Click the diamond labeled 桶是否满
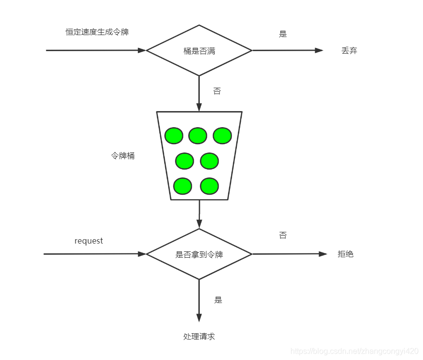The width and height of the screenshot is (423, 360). pyautogui.click(x=199, y=51)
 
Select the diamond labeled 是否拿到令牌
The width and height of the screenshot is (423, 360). pyautogui.click(x=199, y=254)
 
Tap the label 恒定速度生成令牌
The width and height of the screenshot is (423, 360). pyautogui.click(x=97, y=32)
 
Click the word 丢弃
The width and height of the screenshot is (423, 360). pyautogui.click(x=349, y=51)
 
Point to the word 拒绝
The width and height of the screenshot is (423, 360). pyautogui.click(x=346, y=254)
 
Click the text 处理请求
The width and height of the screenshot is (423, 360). pyautogui.click(x=199, y=337)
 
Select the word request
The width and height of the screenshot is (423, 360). pyautogui.click(x=89, y=241)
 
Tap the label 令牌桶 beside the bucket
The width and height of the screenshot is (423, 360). pyautogui.click(x=123, y=156)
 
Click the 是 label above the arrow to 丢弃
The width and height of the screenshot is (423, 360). pyautogui.click(x=283, y=34)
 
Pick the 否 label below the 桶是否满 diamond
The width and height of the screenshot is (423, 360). pyautogui.click(x=217, y=91)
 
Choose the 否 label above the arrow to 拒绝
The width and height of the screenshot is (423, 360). pyautogui.click(x=283, y=235)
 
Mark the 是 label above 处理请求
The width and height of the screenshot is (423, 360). pyautogui.click(x=218, y=300)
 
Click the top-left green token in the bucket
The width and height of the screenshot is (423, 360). pyautogui.click(x=174, y=135)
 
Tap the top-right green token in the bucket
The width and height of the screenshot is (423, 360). pyautogui.click(x=222, y=135)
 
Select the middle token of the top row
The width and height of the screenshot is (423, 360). pyautogui.click(x=198, y=135)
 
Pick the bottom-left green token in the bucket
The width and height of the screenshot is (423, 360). pyautogui.click(x=183, y=186)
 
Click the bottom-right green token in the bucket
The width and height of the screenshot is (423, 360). pyautogui.click(x=210, y=186)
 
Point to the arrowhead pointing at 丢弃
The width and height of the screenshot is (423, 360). pyautogui.click(x=319, y=50)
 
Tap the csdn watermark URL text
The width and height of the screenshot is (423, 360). pyautogui.click(x=354, y=351)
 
